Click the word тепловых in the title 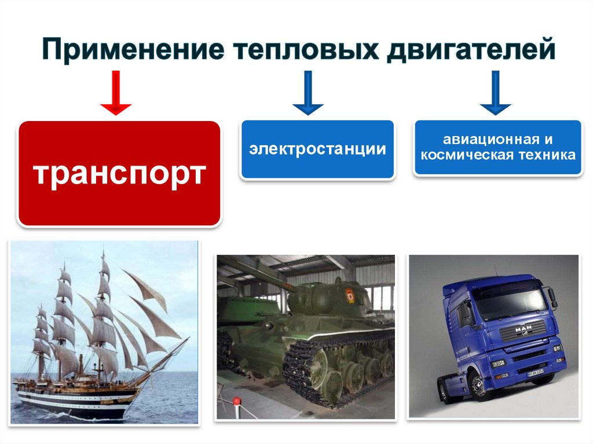click(306, 49)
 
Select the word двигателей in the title click(471, 49)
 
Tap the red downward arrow click(116, 92)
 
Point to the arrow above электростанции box click(308, 92)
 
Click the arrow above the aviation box click(496, 92)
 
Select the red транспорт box click(119, 173)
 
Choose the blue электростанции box click(317, 149)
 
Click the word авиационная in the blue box click(491, 140)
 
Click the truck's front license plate click(536, 372)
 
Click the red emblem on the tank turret click(350, 295)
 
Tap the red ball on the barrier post click(237, 401)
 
